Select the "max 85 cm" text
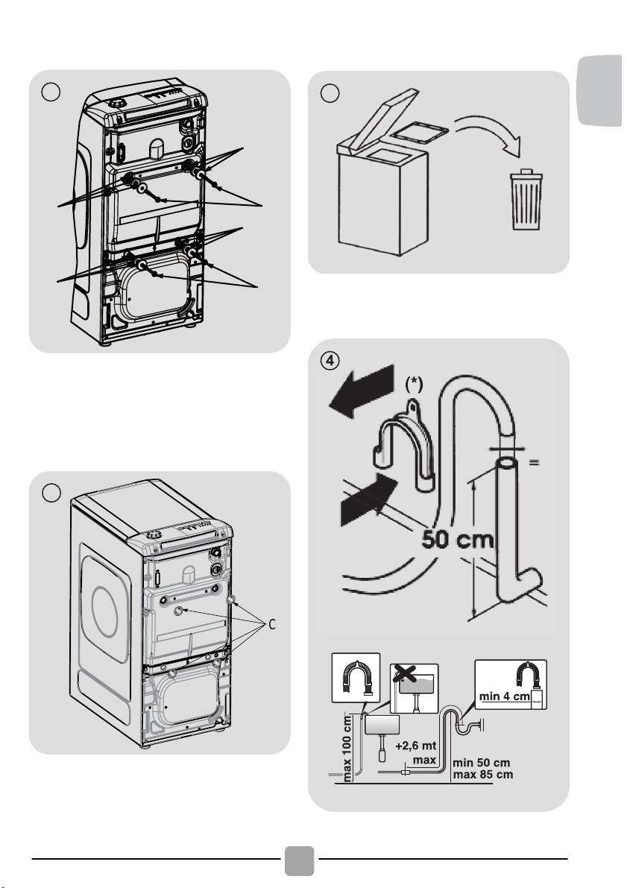[483, 775]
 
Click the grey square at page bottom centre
[300, 860]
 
